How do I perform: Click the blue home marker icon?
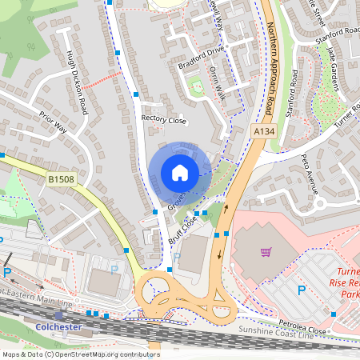point(180,173)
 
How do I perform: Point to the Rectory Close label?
point(163,119)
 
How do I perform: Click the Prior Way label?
point(50,125)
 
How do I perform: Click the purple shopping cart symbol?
point(266,252)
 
